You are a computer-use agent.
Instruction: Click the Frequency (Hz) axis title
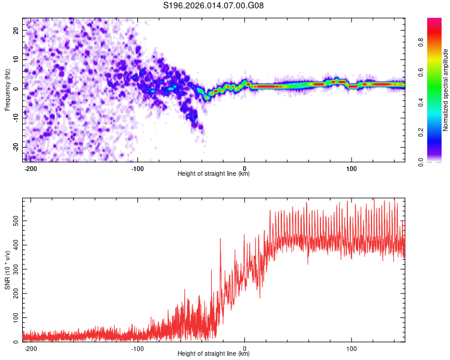click(7, 89)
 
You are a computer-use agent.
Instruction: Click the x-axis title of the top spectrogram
click(214, 174)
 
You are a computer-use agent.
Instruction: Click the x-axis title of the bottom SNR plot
click(214, 354)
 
